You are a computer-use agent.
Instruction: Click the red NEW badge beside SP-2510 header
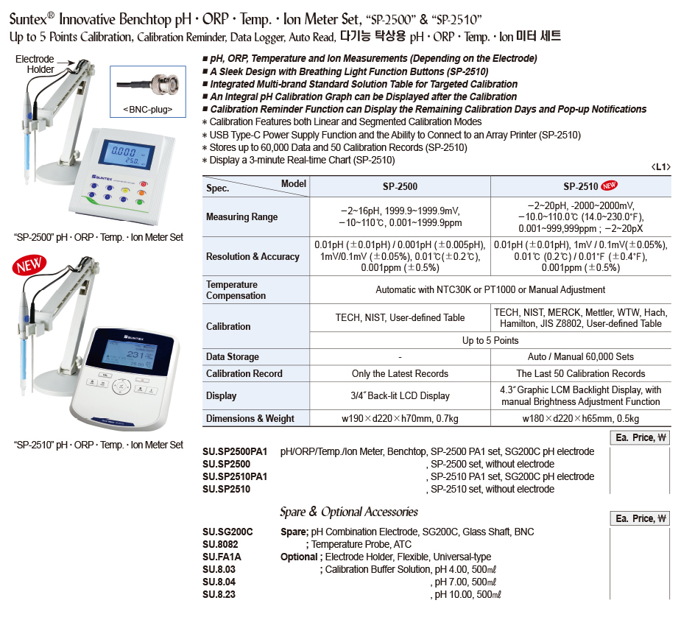tap(611, 186)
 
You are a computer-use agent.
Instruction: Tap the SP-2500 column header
tap(400, 187)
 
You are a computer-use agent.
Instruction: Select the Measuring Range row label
tap(242, 217)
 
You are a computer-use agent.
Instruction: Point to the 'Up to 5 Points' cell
tap(490, 340)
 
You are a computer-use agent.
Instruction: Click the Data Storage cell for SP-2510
tap(581, 357)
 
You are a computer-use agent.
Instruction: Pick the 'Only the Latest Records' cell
tap(400, 374)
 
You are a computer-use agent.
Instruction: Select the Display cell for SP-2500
tap(400, 396)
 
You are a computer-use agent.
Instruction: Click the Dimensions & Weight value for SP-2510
tap(581, 419)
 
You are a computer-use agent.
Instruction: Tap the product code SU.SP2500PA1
tap(235, 451)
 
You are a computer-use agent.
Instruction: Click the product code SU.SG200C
tap(227, 532)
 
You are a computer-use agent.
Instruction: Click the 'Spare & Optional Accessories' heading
tap(348, 512)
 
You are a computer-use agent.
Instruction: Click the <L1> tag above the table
tap(660, 167)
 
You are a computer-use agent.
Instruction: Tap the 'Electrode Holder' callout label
tap(35, 64)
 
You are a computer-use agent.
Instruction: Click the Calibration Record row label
tap(244, 374)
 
